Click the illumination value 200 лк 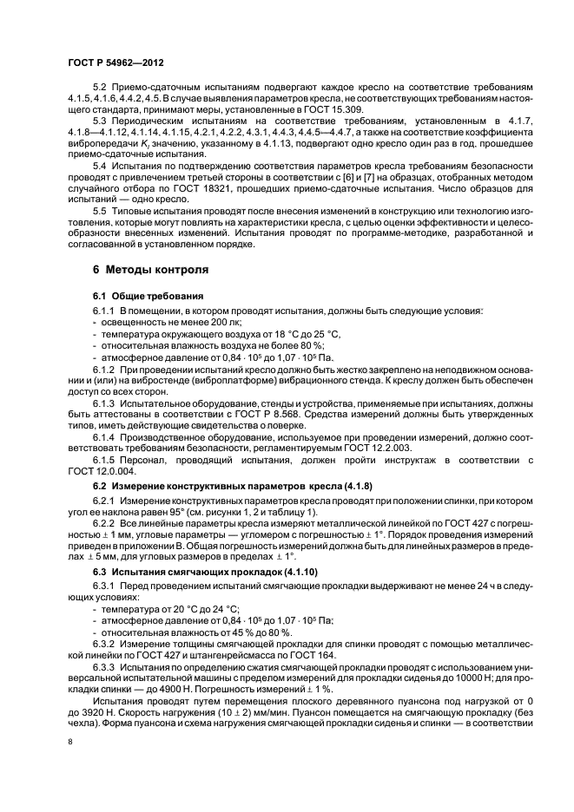(201, 322)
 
